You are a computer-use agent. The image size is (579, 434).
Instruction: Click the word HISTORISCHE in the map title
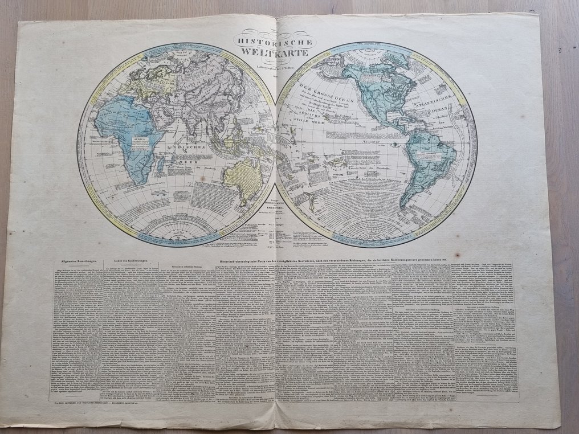277,42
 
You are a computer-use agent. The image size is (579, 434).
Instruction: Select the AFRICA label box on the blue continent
140,140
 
